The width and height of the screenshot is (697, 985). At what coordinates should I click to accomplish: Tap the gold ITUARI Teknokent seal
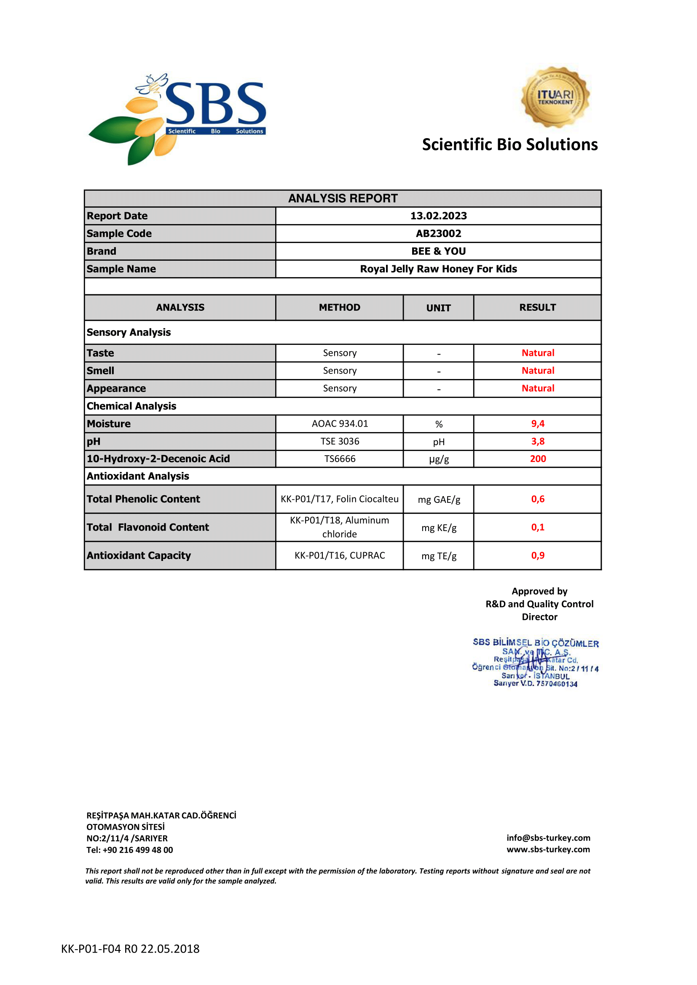(x=555, y=97)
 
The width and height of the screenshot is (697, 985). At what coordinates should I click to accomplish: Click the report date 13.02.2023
(x=438, y=216)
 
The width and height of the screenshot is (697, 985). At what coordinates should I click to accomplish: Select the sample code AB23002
(x=438, y=233)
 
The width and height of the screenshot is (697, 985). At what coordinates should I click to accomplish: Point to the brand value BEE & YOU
(x=438, y=251)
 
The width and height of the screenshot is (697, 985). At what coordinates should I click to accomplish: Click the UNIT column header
(x=438, y=307)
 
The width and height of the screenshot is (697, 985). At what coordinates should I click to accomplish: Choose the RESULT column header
(x=537, y=307)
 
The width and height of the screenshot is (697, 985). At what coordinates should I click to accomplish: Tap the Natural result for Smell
(x=538, y=370)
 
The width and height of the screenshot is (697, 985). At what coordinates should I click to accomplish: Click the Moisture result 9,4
(x=538, y=423)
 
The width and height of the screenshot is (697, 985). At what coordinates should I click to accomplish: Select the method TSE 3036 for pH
(x=340, y=441)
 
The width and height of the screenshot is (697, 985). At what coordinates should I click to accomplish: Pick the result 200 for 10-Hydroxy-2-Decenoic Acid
(x=538, y=459)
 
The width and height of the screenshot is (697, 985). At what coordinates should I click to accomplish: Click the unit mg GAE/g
(x=439, y=499)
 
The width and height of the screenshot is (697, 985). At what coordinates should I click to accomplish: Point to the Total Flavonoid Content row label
(x=147, y=527)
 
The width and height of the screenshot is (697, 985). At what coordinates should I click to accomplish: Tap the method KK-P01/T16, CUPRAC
(x=340, y=555)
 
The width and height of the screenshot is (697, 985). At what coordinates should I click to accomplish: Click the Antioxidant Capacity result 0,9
(x=538, y=555)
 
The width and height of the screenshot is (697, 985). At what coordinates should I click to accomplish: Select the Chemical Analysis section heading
(x=131, y=406)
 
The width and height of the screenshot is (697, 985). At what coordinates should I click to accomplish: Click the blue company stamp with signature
(x=535, y=662)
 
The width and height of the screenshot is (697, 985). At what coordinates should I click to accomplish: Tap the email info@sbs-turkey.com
(x=548, y=838)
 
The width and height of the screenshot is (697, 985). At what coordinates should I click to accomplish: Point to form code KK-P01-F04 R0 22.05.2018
(x=130, y=948)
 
